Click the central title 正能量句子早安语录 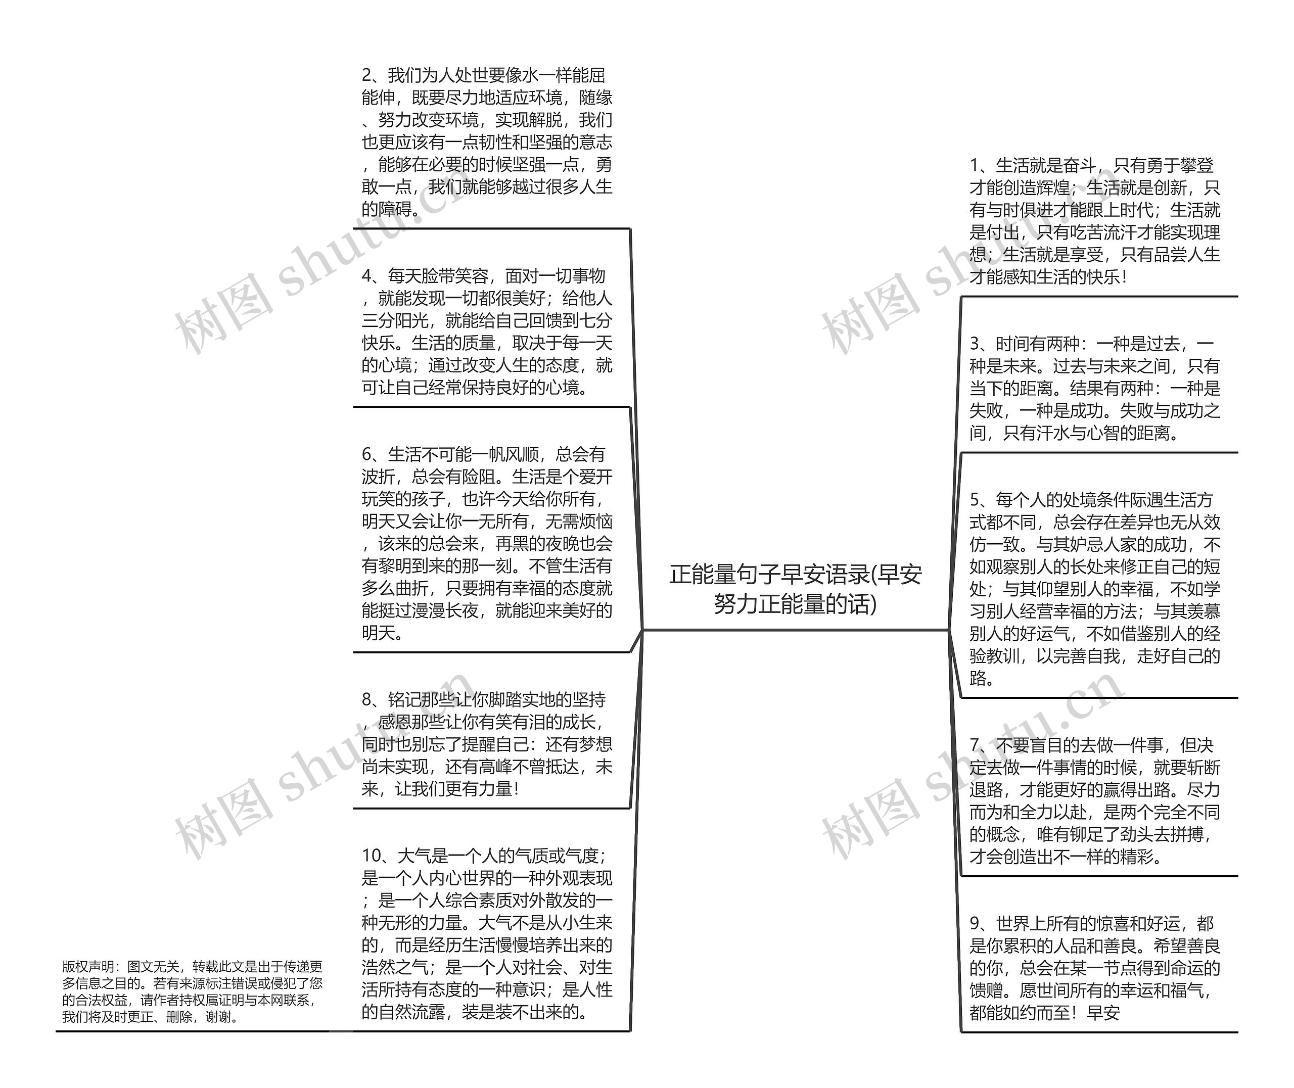coord(795,574)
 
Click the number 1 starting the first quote coord(975,165)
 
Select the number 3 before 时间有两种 coord(975,344)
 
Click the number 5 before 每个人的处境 coord(975,500)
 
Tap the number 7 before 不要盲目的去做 coord(975,745)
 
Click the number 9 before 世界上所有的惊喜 coord(975,923)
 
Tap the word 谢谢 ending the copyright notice coord(219,1017)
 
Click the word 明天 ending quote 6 coord(379,633)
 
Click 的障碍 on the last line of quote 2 coord(387,209)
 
